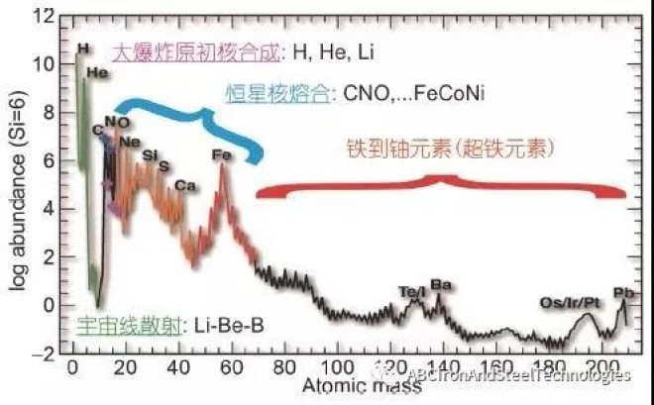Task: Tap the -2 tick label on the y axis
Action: [47, 353]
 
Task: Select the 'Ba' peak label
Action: [441, 285]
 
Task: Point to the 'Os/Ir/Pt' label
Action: [568, 301]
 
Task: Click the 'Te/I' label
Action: [411, 292]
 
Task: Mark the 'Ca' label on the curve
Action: [184, 185]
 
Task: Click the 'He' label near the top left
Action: [97, 71]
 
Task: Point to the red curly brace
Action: [441, 187]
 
